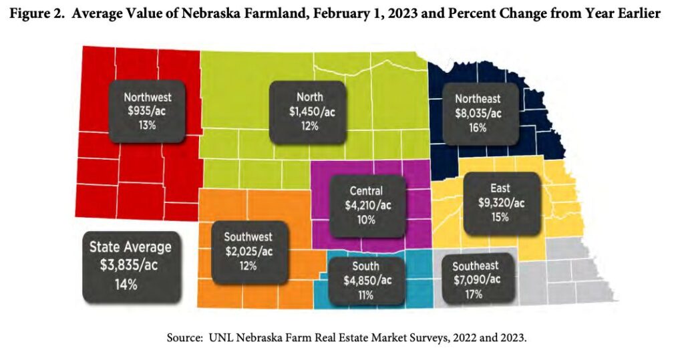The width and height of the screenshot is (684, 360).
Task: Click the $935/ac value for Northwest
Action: point(148,111)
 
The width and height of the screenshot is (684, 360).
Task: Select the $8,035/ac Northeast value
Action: point(477,113)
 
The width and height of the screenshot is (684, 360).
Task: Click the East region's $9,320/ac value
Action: point(501,203)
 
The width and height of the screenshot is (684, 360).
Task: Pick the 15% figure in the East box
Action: point(501,217)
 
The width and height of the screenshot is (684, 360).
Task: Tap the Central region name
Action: point(366,191)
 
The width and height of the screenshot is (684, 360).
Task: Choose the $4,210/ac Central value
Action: point(366,205)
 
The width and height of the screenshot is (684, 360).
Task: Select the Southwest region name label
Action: point(248,237)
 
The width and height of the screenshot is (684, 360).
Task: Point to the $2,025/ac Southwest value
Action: point(248,251)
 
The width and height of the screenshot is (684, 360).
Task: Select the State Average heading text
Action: point(130,247)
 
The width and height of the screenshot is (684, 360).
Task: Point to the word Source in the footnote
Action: point(184,338)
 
